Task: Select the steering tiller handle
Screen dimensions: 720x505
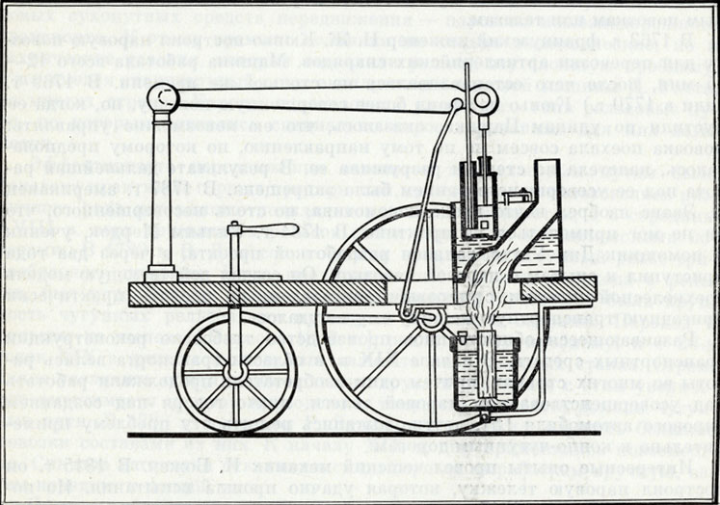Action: click(280, 228)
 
